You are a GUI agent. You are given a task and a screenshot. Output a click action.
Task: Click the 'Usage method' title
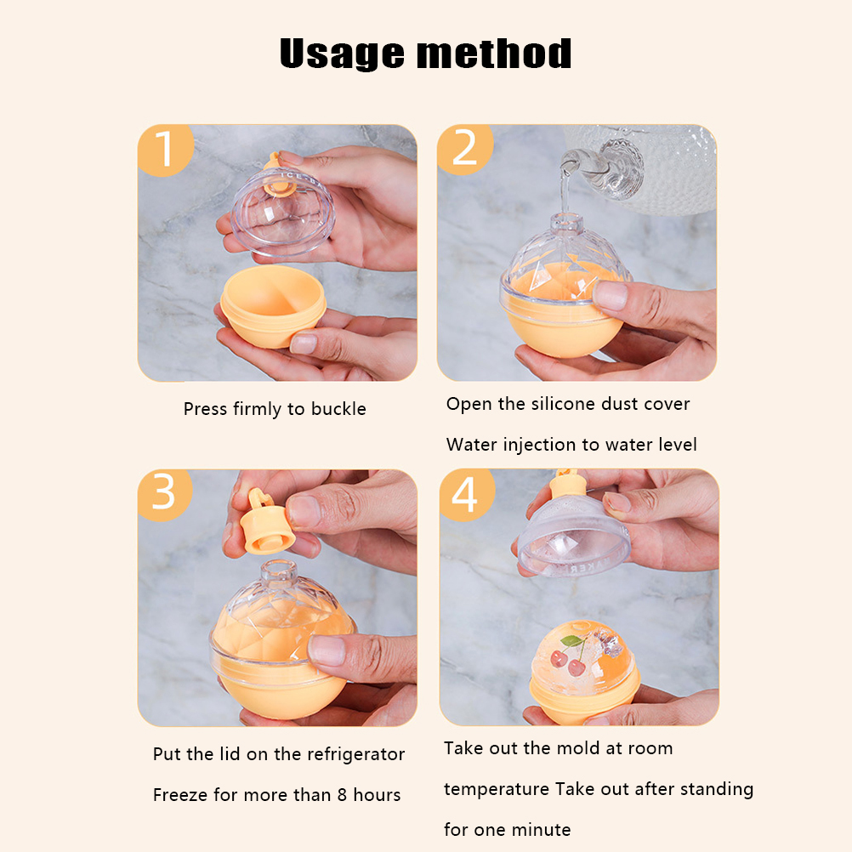tap(425, 54)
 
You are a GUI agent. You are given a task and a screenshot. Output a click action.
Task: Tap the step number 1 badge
tap(165, 150)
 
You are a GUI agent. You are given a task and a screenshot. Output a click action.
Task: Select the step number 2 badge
tap(464, 149)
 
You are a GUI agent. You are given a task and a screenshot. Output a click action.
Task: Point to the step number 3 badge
tap(164, 494)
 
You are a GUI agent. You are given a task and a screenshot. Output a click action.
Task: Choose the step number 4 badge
tap(466, 494)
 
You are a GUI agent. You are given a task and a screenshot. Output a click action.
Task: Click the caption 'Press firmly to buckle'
tap(275, 409)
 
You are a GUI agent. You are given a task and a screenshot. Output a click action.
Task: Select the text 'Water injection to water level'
tap(571, 445)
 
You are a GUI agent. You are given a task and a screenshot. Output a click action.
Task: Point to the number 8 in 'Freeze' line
tap(342, 795)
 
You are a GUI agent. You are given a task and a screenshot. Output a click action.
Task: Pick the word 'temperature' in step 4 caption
tap(497, 789)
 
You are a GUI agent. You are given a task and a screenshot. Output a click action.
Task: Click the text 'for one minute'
tap(507, 830)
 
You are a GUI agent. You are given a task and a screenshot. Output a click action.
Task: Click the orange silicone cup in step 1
tap(273, 305)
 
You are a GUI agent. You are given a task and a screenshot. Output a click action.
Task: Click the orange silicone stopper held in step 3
tap(265, 522)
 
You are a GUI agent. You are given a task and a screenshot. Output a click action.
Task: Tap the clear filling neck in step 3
tap(279, 576)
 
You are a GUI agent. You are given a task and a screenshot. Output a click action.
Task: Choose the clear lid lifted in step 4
tap(574, 537)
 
